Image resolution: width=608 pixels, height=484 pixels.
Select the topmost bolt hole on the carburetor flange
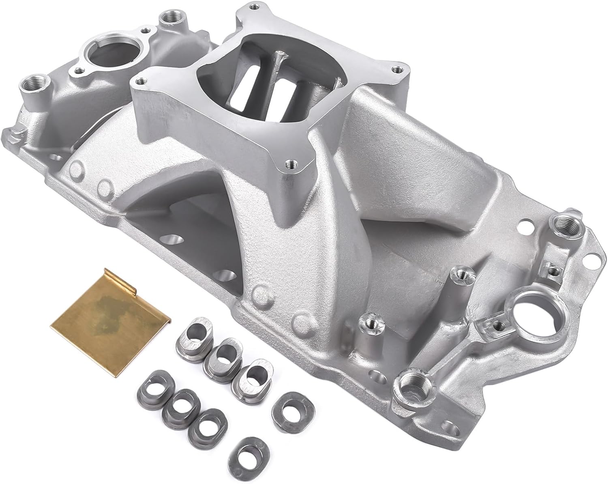pyautogui.click(x=255, y=7)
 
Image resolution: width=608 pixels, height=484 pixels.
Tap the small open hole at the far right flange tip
pyautogui.click(x=596, y=257)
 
